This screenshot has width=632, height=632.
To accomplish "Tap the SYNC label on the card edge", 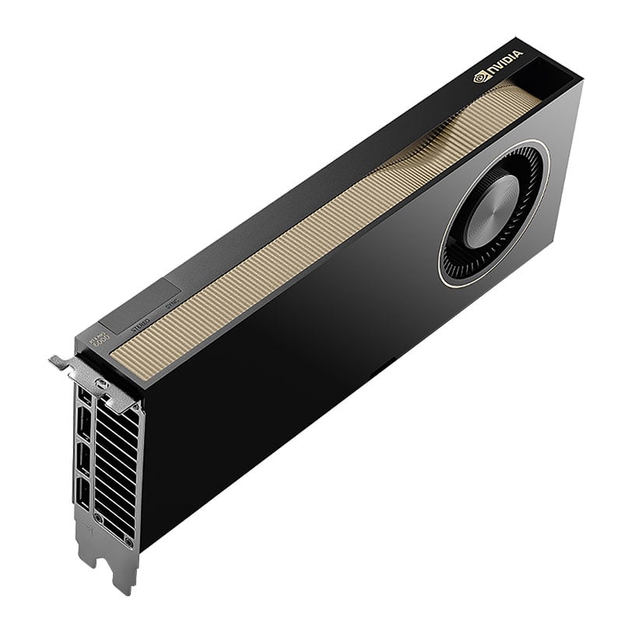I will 172,308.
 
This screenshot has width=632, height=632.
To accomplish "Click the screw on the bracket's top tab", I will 100,384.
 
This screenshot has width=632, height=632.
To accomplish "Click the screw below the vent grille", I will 98,518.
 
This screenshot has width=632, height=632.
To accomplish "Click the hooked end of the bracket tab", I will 56,360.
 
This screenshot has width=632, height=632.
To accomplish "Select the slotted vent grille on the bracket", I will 117,467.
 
